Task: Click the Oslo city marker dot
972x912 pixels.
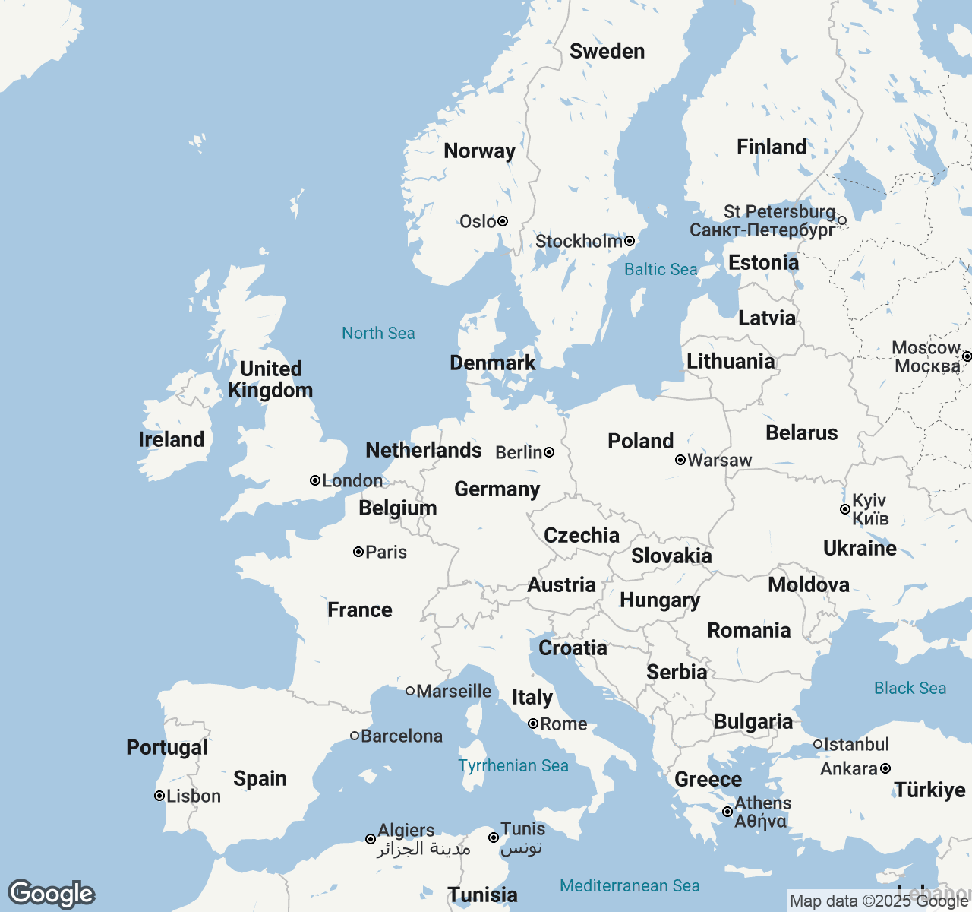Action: [x=503, y=221]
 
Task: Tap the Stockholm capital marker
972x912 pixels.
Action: [x=630, y=241]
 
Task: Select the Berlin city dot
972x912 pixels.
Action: [x=549, y=452]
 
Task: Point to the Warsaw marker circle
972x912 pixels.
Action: [x=680, y=460]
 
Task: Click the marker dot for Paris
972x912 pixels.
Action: [x=358, y=552]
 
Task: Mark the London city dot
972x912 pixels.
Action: [x=315, y=480]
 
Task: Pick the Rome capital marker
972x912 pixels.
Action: [x=533, y=724]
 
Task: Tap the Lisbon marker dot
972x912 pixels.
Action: [x=159, y=796]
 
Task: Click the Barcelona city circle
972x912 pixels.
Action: [x=355, y=736]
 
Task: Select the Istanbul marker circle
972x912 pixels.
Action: [x=818, y=744]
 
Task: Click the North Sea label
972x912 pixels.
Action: [x=378, y=333]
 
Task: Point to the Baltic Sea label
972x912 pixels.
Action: [x=661, y=269]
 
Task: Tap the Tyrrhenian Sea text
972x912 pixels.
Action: [x=513, y=765]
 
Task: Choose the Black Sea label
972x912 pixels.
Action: [x=910, y=688]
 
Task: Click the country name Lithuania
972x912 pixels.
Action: [x=731, y=361]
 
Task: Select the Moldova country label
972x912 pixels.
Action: [x=809, y=584]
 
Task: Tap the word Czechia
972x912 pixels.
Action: [x=582, y=535]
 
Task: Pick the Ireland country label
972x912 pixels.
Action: [x=172, y=439]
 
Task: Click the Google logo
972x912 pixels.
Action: [x=51, y=894]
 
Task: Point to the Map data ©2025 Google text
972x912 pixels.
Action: [x=879, y=901]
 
